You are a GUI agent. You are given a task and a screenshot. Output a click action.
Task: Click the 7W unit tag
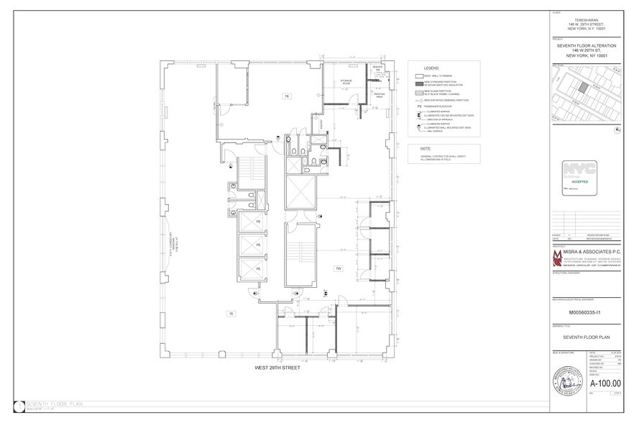[337, 268]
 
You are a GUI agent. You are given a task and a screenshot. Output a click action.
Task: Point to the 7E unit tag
[231, 314]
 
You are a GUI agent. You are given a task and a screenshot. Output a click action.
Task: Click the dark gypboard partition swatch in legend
[417, 83]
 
